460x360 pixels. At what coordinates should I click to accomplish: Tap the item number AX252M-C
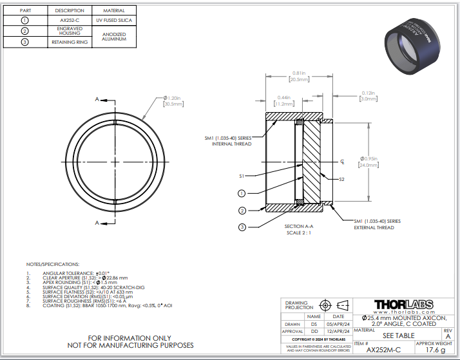tap(383, 350)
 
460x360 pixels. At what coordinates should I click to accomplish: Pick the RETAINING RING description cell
tap(70, 43)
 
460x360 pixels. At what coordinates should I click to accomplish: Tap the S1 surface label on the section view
tap(242, 175)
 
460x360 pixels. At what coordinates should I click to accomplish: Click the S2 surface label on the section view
tap(342, 180)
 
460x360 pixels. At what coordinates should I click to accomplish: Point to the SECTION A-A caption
tap(298, 227)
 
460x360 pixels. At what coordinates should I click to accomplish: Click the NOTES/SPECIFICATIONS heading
tap(53, 265)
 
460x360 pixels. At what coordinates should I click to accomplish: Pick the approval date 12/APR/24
tap(338, 331)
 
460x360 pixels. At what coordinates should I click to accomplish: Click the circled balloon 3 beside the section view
tap(242, 227)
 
